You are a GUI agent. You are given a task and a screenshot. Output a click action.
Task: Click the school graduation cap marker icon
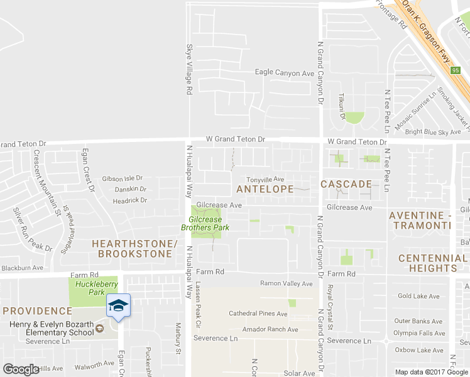tap(117, 305)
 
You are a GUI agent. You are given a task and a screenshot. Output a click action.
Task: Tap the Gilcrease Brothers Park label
tap(205, 224)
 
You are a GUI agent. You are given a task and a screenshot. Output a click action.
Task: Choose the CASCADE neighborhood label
tap(346, 184)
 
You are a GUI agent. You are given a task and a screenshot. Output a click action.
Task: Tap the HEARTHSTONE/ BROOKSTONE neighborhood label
tap(132, 249)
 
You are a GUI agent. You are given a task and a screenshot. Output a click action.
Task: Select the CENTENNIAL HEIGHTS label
tap(432, 263)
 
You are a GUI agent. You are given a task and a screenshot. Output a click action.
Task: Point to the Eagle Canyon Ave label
tap(284, 73)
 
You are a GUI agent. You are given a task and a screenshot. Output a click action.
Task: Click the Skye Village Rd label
tap(189, 69)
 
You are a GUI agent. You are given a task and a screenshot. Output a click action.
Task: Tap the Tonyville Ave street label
tap(265, 179)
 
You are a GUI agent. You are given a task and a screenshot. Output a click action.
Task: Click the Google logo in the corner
tap(21, 369)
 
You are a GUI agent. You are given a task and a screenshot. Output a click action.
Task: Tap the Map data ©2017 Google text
tap(431, 372)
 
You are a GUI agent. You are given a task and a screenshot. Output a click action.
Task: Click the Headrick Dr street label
tap(129, 200)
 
